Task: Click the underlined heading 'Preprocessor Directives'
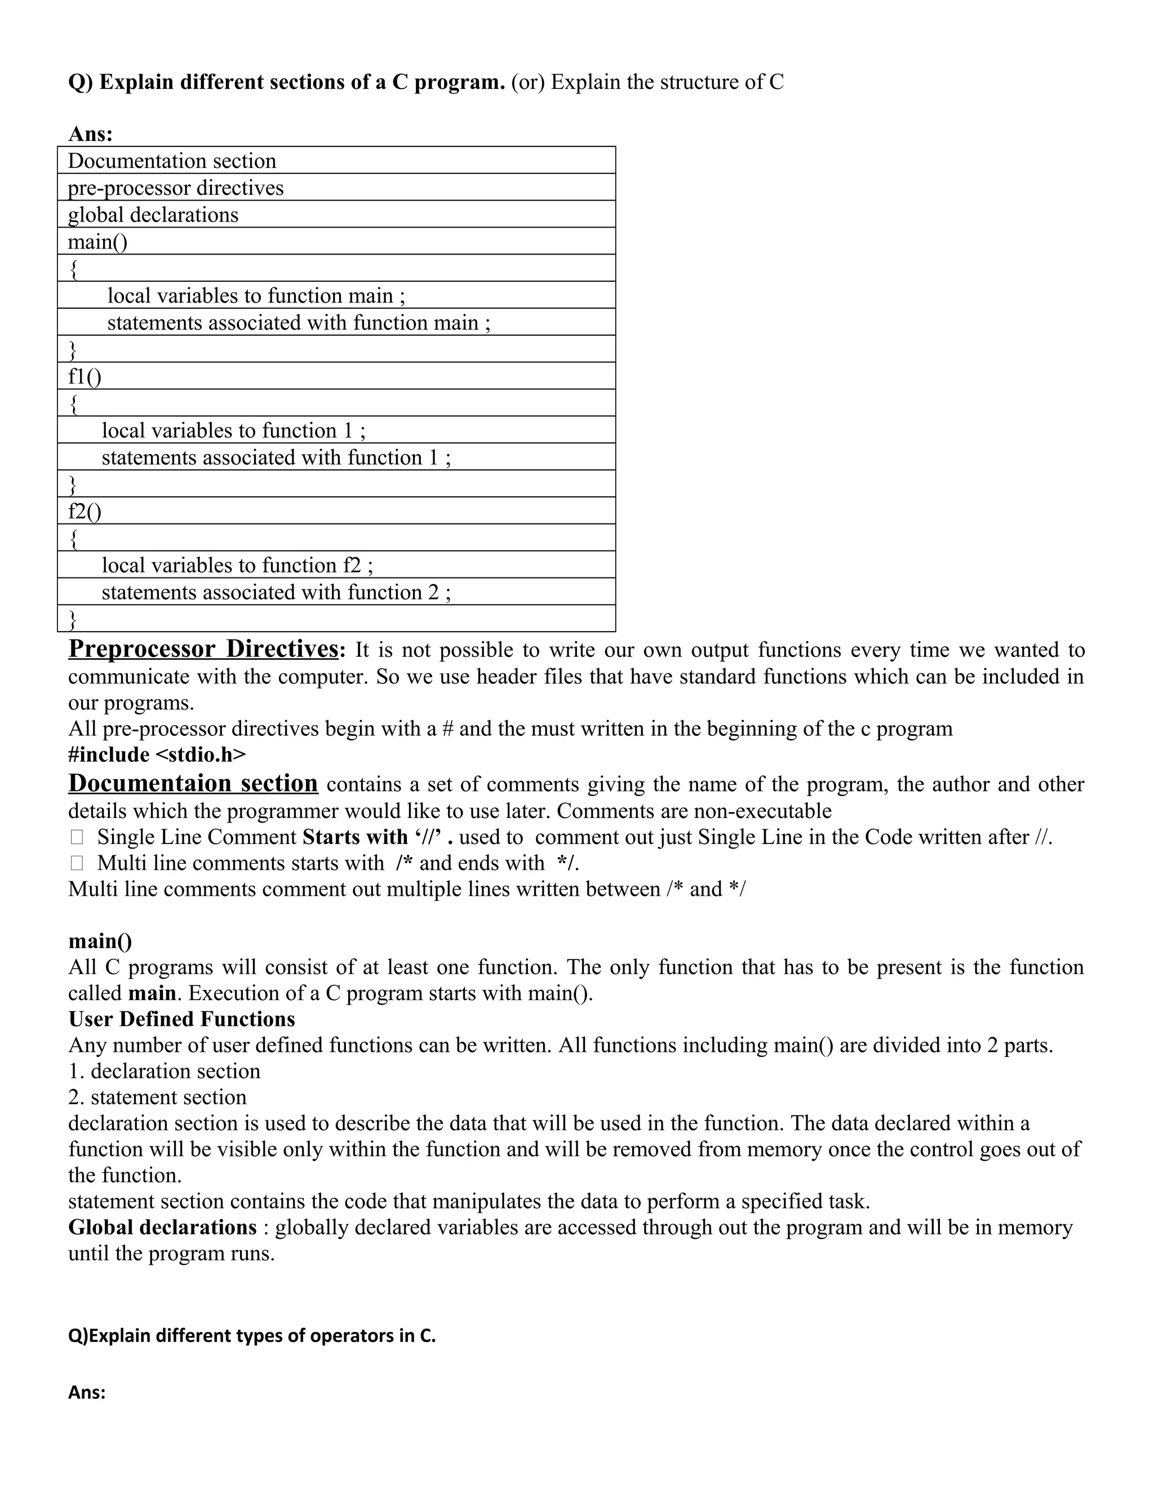coord(203,648)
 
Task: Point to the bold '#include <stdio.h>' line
coord(157,755)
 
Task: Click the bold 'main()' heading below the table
coord(100,941)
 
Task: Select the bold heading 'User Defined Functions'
coord(182,1019)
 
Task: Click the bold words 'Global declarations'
coord(163,1227)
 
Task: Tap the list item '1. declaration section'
coord(164,1071)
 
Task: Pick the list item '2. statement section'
coord(157,1097)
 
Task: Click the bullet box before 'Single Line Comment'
coord(77,837)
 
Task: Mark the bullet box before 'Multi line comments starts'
coord(77,863)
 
